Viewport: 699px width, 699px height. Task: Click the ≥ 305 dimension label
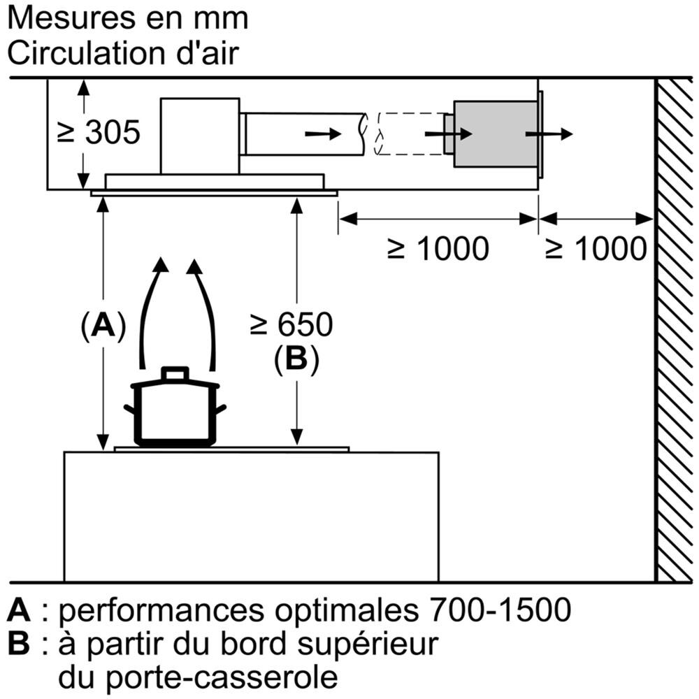click(99, 132)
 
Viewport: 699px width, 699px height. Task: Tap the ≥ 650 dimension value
click(291, 324)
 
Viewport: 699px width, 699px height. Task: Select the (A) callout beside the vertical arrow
click(103, 326)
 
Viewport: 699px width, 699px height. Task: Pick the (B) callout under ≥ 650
click(296, 359)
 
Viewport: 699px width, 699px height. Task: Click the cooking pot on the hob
click(175, 407)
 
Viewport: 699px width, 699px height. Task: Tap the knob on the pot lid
click(175, 373)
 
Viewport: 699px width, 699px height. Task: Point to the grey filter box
click(496, 134)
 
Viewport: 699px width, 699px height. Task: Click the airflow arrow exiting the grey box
click(549, 134)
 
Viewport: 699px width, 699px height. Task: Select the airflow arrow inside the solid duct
click(323, 134)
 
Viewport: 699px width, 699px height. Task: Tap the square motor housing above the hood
click(200, 136)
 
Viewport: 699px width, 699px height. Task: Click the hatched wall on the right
click(675, 330)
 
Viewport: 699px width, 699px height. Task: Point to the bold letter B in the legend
click(19, 644)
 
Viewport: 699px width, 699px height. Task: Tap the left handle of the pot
click(129, 409)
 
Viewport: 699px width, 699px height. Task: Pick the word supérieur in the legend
click(368, 645)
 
